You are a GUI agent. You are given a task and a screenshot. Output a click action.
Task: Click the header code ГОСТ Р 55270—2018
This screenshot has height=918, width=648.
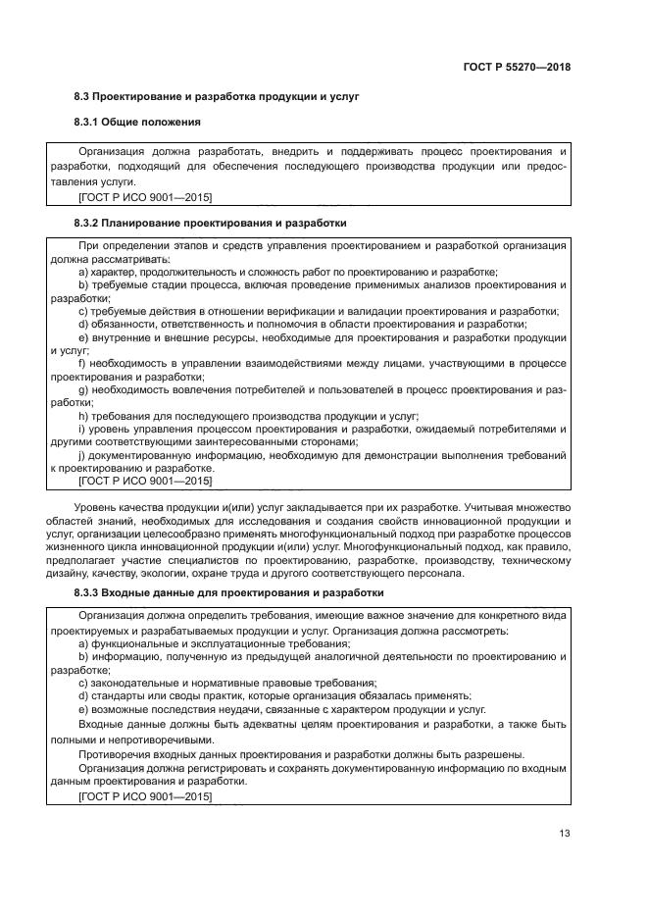516,68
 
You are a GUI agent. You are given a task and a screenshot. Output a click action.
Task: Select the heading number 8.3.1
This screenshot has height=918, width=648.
92,122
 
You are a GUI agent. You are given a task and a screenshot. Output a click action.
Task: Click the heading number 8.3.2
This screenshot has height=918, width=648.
92,223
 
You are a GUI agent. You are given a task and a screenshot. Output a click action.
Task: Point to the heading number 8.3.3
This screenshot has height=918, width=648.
92,593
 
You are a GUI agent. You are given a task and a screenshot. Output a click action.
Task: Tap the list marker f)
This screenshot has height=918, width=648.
82,363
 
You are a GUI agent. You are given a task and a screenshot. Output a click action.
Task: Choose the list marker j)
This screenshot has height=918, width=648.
82,455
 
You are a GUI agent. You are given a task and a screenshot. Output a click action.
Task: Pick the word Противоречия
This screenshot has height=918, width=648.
116,754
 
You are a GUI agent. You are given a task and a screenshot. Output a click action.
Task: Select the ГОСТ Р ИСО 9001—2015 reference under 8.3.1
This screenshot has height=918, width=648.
144,196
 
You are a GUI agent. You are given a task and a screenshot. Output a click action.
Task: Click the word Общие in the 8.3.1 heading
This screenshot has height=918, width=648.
138,122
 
